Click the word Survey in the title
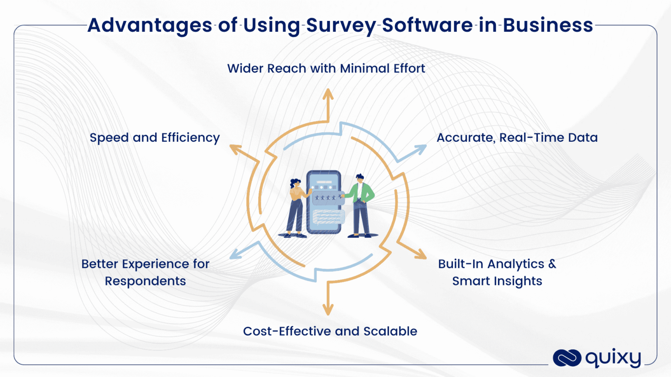[340, 26]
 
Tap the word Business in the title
[548, 25]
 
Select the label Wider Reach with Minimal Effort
[326, 69]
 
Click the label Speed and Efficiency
[155, 138]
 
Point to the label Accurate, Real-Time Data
[517, 138]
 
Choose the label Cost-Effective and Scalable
[330, 332]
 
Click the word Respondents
[145, 281]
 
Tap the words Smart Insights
[497, 281]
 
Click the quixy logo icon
[567, 358]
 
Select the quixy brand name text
[613, 358]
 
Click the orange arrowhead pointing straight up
[328, 94]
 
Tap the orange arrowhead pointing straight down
[328, 310]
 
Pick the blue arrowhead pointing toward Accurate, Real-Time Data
[420, 149]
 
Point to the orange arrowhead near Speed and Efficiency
[235, 149]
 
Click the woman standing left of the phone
[297, 207]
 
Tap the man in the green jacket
[361, 205]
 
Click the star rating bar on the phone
[326, 198]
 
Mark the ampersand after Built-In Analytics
[552, 264]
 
